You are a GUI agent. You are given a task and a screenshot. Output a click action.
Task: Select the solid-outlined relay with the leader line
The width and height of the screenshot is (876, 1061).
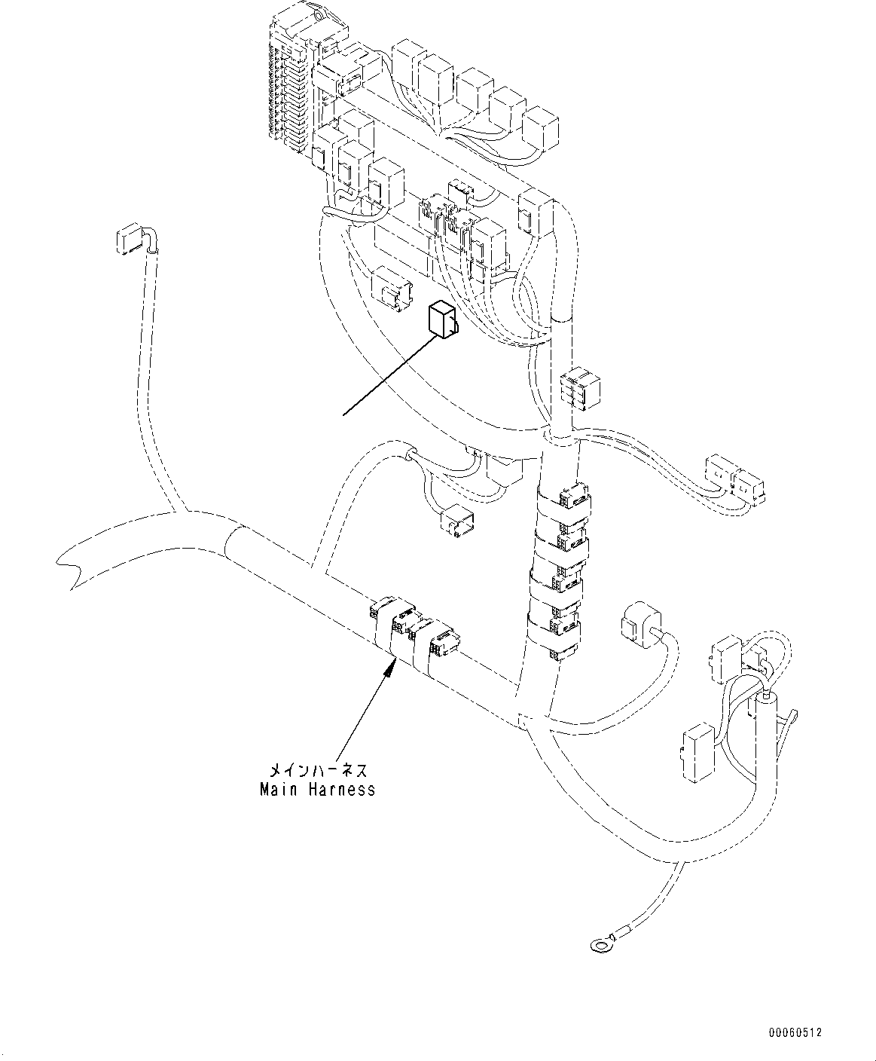[x=444, y=319]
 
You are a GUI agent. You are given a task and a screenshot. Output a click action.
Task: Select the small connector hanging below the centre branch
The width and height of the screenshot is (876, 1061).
[x=458, y=521]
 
